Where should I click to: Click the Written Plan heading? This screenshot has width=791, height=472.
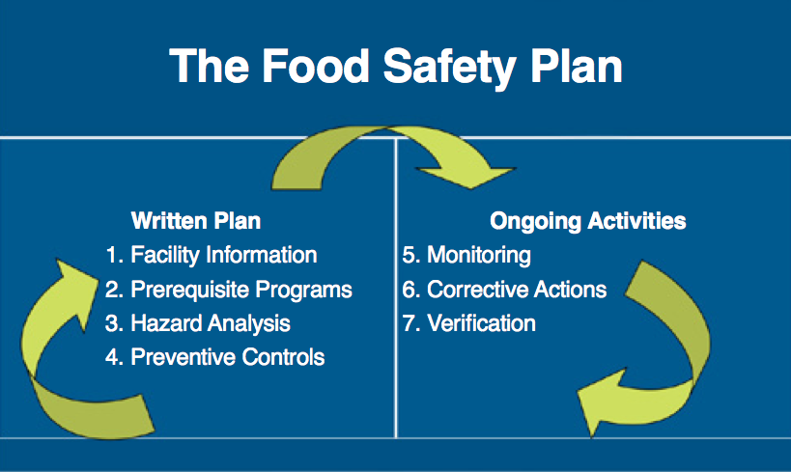tap(195, 221)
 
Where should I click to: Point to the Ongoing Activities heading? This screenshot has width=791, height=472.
tap(588, 221)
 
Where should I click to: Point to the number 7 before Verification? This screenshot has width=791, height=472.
tap(409, 323)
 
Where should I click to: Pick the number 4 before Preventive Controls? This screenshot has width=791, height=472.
tap(113, 357)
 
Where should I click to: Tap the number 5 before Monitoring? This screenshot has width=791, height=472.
tap(409, 256)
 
